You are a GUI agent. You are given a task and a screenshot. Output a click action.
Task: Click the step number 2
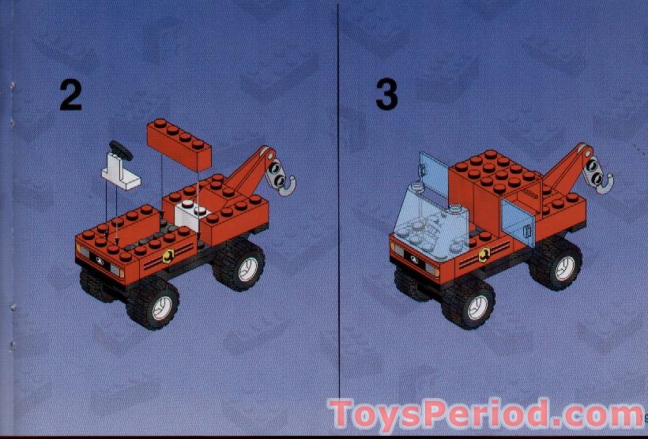70,96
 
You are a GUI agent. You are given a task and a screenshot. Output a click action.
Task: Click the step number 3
386,96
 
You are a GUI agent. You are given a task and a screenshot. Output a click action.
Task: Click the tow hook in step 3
604,179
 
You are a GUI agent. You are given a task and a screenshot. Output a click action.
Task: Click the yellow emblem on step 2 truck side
168,255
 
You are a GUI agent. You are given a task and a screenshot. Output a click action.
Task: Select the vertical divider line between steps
339,197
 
